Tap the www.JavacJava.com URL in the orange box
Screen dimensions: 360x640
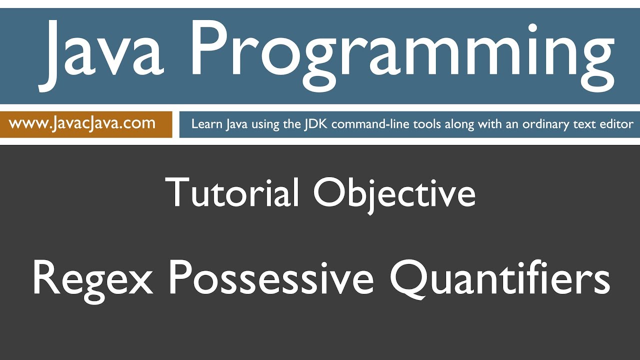pos(82,123)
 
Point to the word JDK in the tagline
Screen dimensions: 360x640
pos(316,124)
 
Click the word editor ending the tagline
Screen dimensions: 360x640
pos(618,124)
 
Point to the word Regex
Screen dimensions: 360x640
pos(92,278)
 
